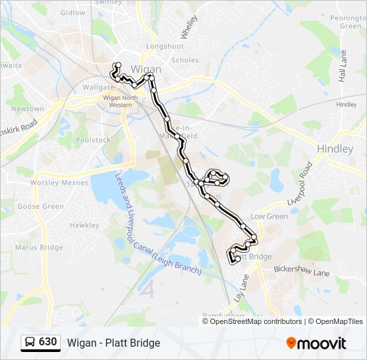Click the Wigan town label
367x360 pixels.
[x=146, y=69]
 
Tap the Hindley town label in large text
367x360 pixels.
[x=335, y=149]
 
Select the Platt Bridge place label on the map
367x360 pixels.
[x=254, y=257]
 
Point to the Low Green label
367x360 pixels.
[x=269, y=217]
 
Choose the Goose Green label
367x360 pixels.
[x=41, y=207]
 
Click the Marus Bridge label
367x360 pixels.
[x=41, y=247]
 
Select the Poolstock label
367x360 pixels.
[x=93, y=140]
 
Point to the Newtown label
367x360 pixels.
[x=27, y=109]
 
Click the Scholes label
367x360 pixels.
[x=185, y=60]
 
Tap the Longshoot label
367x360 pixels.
[x=165, y=46]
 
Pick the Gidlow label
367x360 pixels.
[x=73, y=13]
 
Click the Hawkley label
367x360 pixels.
[x=84, y=225]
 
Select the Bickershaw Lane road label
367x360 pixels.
[x=302, y=272]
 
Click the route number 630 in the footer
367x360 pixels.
[x=47, y=342]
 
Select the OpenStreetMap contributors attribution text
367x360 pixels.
[x=256, y=321]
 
